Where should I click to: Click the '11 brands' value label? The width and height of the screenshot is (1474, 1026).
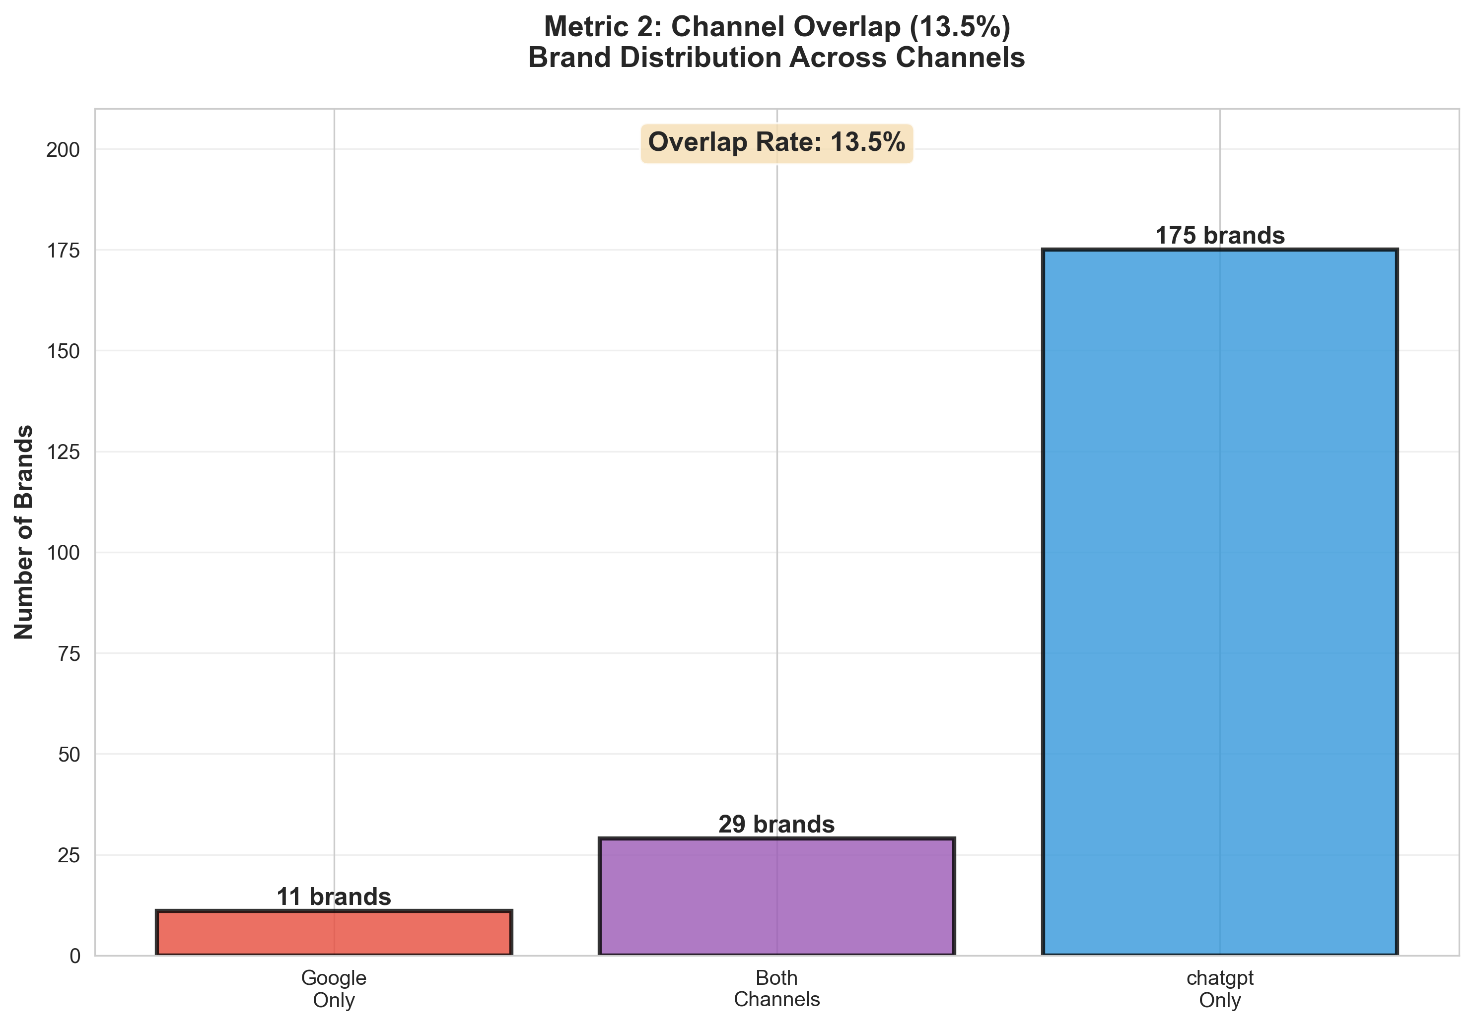tap(334, 897)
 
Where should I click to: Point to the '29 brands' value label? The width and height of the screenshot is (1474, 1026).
tap(777, 824)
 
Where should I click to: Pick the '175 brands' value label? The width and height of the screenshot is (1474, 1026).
tap(1220, 236)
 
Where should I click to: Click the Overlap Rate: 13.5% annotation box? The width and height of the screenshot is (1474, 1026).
tap(777, 142)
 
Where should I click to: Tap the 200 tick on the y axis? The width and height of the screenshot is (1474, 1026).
tap(63, 150)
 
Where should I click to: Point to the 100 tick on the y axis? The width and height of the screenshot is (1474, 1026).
tap(63, 553)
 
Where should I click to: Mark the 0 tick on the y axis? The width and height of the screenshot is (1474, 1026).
tap(74, 956)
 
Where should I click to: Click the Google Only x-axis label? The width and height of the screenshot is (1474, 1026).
tap(334, 989)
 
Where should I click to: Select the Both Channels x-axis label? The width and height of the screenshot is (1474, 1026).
tap(777, 989)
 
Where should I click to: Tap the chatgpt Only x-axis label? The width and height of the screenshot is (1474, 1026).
tap(1220, 989)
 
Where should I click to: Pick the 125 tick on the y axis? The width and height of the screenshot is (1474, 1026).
tap(63, 452)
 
